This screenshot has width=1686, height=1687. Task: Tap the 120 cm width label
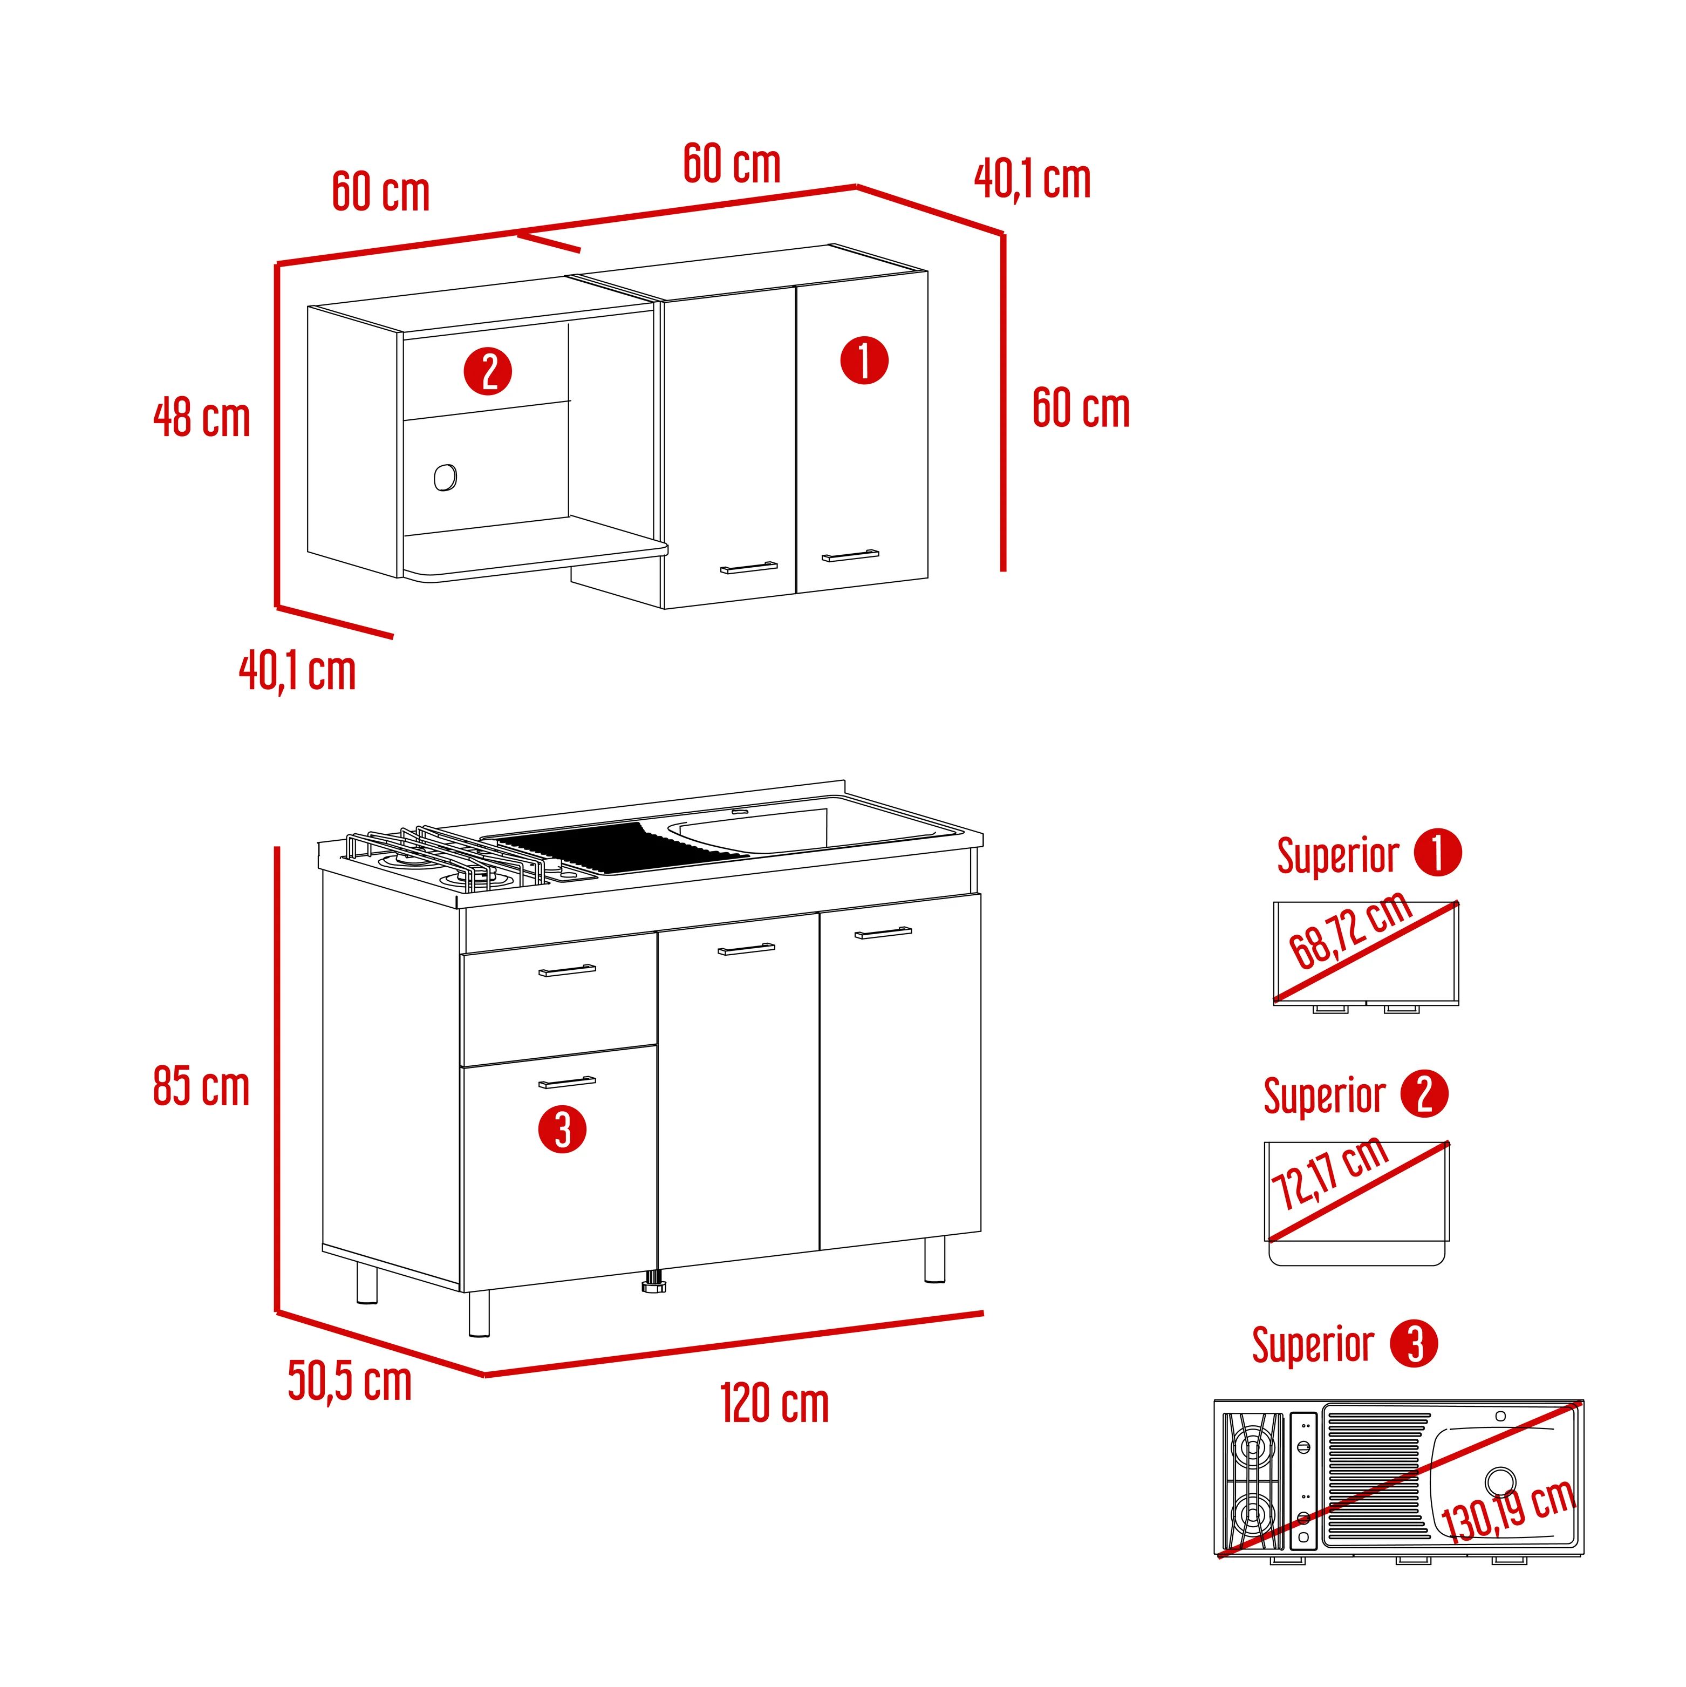(x=774, y=1404)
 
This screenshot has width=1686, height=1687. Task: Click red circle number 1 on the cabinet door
(x=864, y=360)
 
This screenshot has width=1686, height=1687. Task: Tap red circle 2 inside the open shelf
(x=487, y=371)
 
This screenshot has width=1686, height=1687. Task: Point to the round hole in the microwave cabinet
(x=445, y=478)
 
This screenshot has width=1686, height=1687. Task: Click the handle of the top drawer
(x=566, y=971)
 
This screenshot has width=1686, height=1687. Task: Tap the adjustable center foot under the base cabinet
(x=653, y=1284)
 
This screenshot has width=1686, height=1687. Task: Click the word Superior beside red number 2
(x=1325, y=1097)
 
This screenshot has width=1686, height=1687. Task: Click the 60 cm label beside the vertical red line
(x=1081, y=409)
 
